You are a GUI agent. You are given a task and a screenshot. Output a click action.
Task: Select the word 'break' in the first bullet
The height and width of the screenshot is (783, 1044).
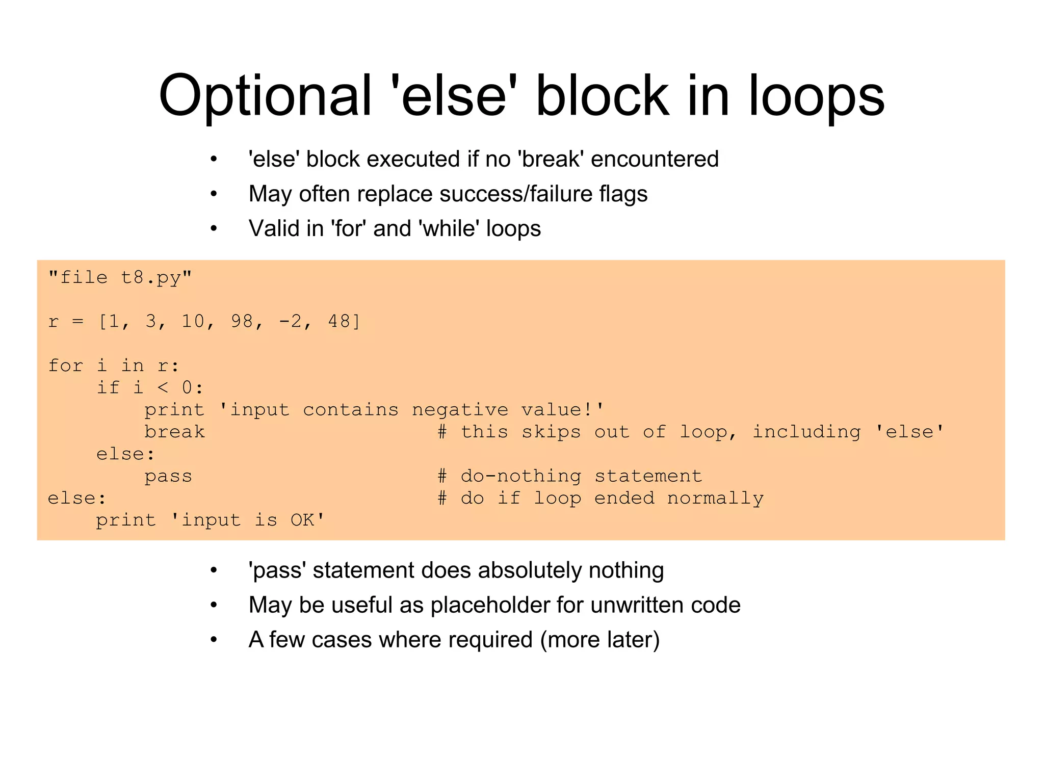pyautogui.click(x=551, y=159)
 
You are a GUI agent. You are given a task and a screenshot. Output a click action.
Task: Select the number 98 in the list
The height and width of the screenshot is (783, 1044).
pyautogui.click(x=242, y=321)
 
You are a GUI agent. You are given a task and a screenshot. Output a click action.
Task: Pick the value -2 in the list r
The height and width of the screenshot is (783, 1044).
pyautogui.click(x=291, y=321)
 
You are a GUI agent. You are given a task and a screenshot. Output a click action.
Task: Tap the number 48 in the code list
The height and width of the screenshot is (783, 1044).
pyautogui.click(x=340, y=321)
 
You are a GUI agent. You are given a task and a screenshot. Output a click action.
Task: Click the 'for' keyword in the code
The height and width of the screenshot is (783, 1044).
pyautogui.click(x=65, y=366)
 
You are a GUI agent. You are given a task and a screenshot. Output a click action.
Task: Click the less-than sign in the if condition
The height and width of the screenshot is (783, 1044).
pyautogui.click(x=163, y=388)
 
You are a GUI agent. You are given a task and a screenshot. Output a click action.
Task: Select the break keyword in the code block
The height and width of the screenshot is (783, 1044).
pyautogui.click(x=174, y=432)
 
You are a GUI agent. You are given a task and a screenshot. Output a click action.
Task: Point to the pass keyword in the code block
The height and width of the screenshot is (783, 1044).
pyautogui.click(x=168, y=477)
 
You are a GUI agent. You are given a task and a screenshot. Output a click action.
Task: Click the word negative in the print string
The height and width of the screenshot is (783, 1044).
pyautogui.click(x=460, y=410)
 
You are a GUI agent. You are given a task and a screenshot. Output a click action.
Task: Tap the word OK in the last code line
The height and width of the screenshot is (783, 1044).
pyautogui.click(x=302, y=520)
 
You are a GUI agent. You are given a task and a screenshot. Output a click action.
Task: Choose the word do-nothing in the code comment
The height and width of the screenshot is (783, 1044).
pyautogui.click(x=520, y=477)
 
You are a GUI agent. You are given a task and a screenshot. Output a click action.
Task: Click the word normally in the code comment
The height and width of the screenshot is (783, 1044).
pyautogui.click(x=715, y=499)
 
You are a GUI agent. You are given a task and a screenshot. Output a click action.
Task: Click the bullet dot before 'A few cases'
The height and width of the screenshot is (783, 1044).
pyautogui.click(x=214, y=640)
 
